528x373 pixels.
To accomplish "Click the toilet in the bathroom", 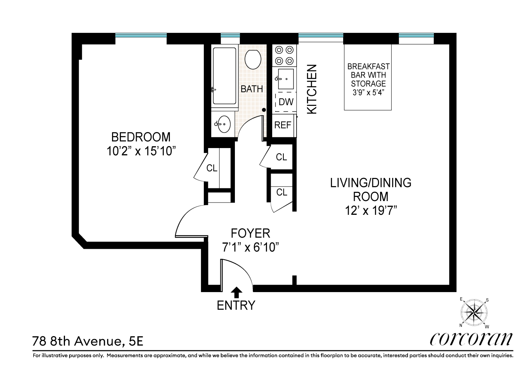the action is (x=253, y=59).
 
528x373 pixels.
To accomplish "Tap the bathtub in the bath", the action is (x=224, y=76).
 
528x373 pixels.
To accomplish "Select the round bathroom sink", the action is (x=223, y=124).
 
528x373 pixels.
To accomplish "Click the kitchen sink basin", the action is (x=286, y=79).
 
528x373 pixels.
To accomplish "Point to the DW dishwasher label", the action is (x=286, y=102).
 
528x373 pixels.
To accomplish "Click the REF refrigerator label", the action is (x=283, y=125).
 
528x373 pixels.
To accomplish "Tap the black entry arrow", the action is (x=236, y=292).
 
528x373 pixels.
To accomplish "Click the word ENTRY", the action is (x=236, y=305).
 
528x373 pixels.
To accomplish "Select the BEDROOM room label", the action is (x=141, y=137).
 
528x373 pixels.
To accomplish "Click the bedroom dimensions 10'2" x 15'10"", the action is (x=141, y=151).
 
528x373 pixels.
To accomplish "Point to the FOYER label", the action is (x=250, y=233).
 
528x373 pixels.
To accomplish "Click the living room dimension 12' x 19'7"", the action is (x=371, y=210).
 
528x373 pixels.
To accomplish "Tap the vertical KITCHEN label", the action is (x=312, y=90).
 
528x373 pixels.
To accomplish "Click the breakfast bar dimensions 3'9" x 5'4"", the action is (x=368, y=93).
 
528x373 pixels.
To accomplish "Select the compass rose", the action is (x=474, y=313).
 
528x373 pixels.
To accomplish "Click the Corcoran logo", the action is (x=471, y=339).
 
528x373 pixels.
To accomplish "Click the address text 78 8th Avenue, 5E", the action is (x=88, y=341).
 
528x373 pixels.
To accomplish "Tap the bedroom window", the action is (x=141, y=35).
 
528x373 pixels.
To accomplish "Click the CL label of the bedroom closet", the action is (x=212, y=168).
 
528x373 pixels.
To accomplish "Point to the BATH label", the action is (x=252, y=89).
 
